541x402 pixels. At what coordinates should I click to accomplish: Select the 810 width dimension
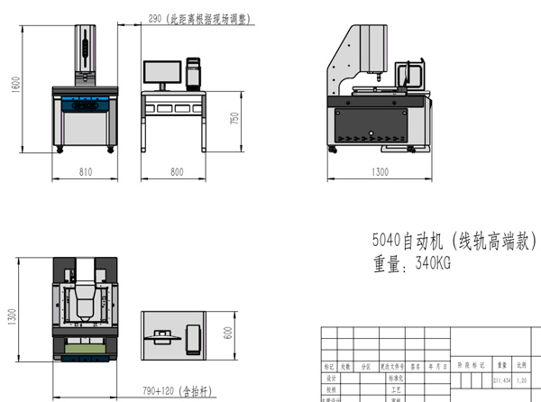pyautogui.click(x=86, y=170)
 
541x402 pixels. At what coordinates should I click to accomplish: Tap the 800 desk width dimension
pyautogui.click(x=176, y=170)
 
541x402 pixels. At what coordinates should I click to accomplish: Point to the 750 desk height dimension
pyautogui.click(x=235, y=119)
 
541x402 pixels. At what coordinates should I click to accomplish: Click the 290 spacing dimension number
pyautogui.click(x=154, y=17)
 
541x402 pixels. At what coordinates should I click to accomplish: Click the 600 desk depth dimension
pyautogui.click(x=228, y=331)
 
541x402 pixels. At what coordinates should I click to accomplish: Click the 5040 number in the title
pyautogui.click(x=386, y=242)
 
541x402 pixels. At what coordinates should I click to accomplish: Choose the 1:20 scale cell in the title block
pyautogui.click(x=521, y=380)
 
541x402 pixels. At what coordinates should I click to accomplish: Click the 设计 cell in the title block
pyautogui.click(x=330, y=379)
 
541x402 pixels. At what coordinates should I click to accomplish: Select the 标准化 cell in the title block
pyautogui.click(x=394, y=379)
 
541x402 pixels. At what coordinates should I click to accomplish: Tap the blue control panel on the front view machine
pyautogui.click(x=86, y=102)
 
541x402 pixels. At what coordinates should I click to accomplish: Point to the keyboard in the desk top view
pyautogui.click(x=163, y=336)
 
